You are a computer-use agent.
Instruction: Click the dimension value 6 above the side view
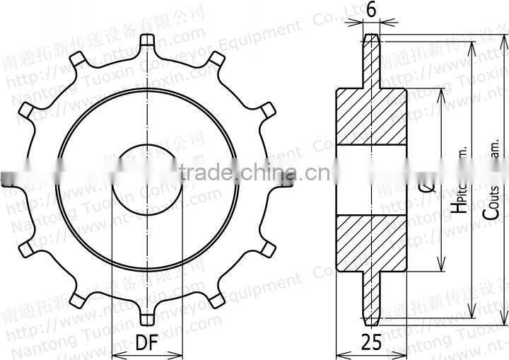(371, 11)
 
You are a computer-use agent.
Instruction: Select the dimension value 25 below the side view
(371, 342)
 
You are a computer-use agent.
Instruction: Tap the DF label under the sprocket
(146, 342)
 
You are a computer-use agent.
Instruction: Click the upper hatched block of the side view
(371, 116)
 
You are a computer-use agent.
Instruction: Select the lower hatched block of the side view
(371, 243)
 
